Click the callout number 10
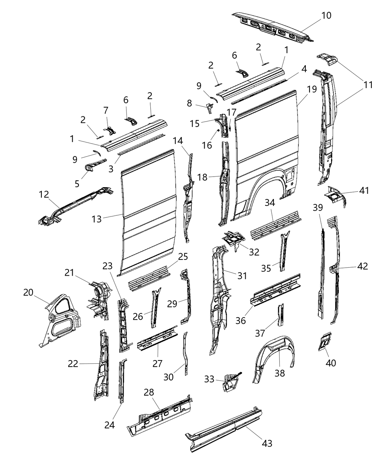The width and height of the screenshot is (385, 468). pyautogui.click(x=326, y=15)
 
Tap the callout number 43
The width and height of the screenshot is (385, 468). pyautogui.click(x=267, y=443)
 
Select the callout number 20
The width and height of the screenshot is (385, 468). pyautogui.click(x=28, y=292)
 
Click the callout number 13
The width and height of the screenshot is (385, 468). pyautogui.click(x=96, y=219)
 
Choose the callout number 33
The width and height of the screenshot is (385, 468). pyautogui.click(x=209, y=378)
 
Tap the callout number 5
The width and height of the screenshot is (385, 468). pyautogui.click(x=77, y=184)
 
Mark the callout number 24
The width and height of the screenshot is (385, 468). pyautogui.click(x=110, y=425)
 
